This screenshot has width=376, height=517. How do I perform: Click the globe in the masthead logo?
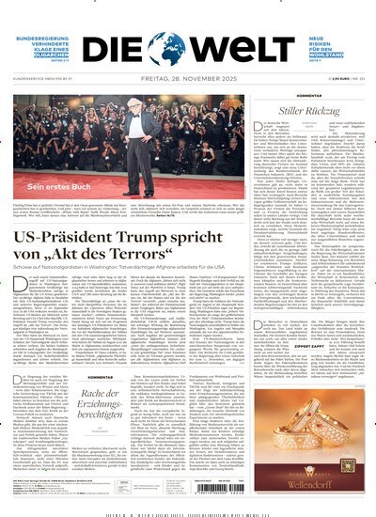pyautogui.click(x=187, y=24)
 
